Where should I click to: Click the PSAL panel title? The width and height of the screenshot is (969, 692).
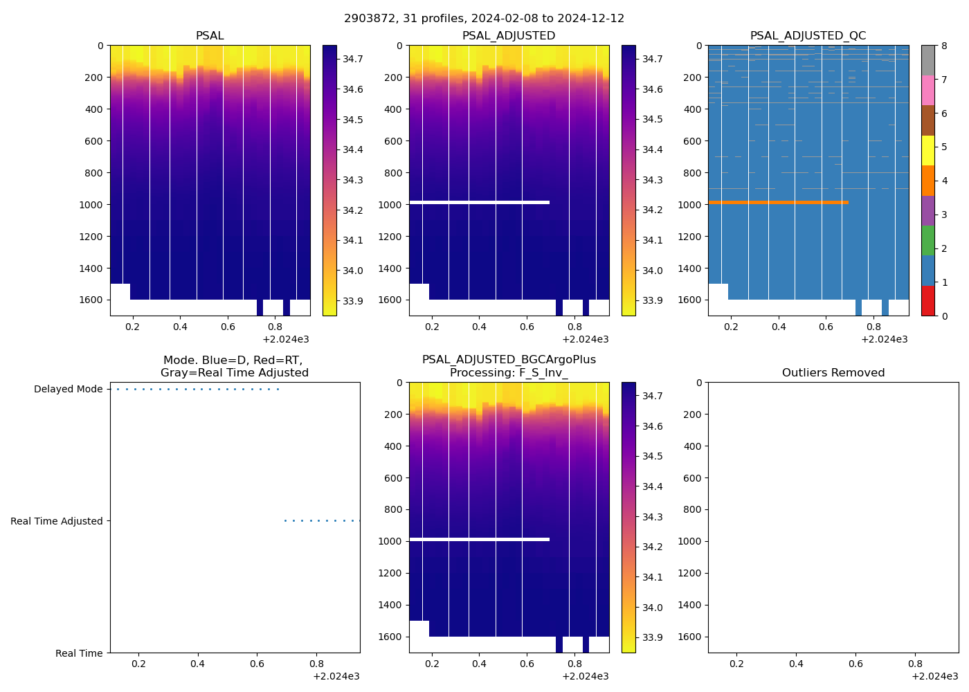pos(210,36)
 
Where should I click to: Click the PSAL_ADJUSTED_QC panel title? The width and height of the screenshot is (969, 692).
pos(808,36)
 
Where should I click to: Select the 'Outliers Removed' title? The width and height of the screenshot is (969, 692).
pos(833,373)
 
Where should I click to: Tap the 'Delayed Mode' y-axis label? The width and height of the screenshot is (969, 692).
pos(68,389)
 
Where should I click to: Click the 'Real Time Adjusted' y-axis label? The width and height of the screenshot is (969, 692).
pos(56,521)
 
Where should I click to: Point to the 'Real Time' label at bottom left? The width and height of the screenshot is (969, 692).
pos(79,653)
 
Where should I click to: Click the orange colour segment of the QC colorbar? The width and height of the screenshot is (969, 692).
pos(927,181)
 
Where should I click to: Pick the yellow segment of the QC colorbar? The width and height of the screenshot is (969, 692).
pos(927,150)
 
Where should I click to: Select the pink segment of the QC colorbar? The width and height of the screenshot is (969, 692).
pos(927,90)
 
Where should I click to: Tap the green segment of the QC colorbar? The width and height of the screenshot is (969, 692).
pos(927,240)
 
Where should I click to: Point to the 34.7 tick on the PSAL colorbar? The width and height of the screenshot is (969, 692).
pos(353,59)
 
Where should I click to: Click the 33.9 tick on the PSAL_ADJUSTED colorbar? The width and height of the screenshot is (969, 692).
pos(652,300)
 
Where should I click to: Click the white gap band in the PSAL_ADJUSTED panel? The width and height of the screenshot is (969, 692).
pos(479,202)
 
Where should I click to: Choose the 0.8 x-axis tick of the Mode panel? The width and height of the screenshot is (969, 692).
pos(316,664)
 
